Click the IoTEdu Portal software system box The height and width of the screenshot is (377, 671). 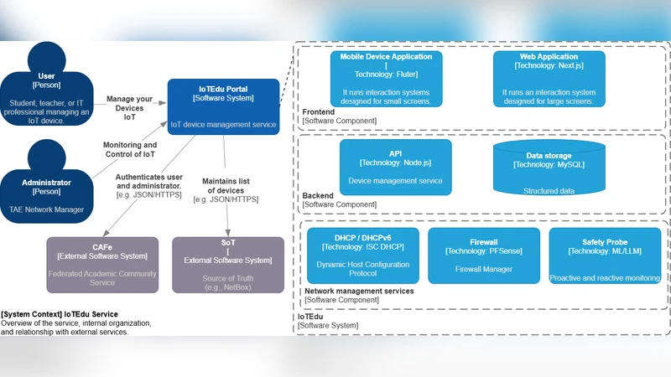coord(223,107)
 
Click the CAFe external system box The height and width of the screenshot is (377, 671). coord(102,264)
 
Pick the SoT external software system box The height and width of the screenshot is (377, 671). coord(227,264)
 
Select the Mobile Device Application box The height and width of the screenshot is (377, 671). coord(386,79)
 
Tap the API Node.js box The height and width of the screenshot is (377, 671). coord(395,168)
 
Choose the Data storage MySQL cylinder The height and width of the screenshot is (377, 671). coord(549,168)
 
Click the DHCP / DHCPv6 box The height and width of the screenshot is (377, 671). coord(362,255)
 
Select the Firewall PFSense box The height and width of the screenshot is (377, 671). coord(483,255)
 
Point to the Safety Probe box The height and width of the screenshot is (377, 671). coord(605,255)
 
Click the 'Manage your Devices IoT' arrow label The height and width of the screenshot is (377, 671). coord(129,108)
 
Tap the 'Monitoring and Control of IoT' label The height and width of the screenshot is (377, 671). coord(130,149)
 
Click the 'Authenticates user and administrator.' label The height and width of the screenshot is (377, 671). coord(148,185)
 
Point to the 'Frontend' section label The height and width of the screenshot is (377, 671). coord(319,112)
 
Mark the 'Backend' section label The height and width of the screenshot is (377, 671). coord(318,196)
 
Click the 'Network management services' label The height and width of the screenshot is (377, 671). coord(358,291)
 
